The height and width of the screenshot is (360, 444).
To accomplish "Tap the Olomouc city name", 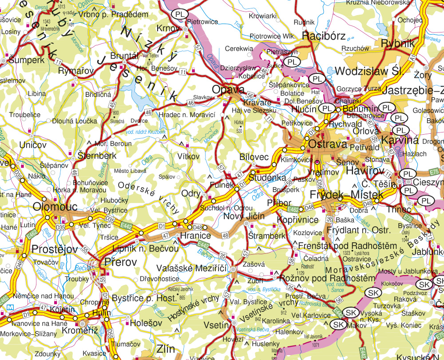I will tap(55, 207).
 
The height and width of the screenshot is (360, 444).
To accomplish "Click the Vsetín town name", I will tap(215, 325).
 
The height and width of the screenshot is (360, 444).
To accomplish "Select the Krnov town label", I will tap(168, 28).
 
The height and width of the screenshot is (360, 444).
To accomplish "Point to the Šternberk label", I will tap(97, 156).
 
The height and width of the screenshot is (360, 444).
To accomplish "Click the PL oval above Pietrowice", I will tap(180, 14).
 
